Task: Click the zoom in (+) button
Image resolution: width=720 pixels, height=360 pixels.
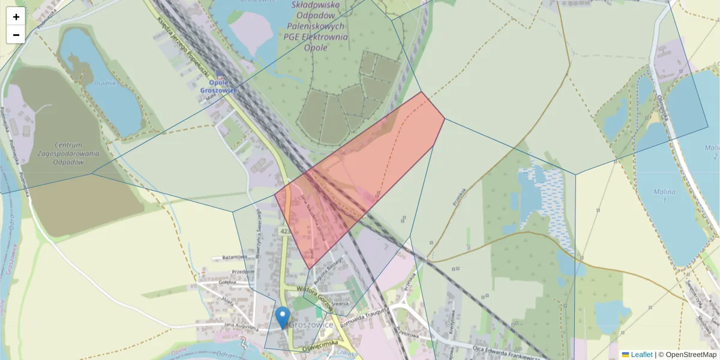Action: (x=16, y=16)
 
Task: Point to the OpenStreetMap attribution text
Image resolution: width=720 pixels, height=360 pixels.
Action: (x=687, y=355)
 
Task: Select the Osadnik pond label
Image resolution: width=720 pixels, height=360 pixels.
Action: (x=104, y=83)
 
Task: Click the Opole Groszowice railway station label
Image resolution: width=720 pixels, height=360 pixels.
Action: (x=219, y=86)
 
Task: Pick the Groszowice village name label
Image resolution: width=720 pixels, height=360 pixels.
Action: (x=311, y=324)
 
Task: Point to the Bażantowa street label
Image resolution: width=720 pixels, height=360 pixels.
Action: (x=235, y=257)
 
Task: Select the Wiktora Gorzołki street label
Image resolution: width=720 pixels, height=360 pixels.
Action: (x=314, y=295)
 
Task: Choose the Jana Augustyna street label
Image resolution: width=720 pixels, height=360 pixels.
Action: (x=241, y=328)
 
